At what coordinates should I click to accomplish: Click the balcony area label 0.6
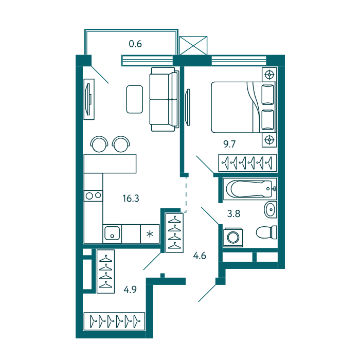pyautogui.click(x=135, y=44)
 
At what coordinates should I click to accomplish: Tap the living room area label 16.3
pyautogui.click(x=131, y=199)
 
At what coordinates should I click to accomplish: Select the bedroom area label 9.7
pyautogui.click(x=229, y=144)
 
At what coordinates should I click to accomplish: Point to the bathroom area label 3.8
pyautogui.click(x=233, y=213)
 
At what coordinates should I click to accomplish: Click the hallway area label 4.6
pyautogui.click(x=200, y=256)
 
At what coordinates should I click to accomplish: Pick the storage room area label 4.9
pyautogui.click(x=130, y=290)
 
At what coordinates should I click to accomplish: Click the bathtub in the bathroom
pyautogui.click(x=250, y=189)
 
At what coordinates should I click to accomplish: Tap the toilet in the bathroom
pyautogui.click(x=266, y=232)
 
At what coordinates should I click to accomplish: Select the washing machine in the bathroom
pyautogui.click(x=233, y=238)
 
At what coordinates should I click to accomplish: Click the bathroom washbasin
pyautogui.click(x=270, y=210)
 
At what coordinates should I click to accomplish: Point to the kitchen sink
pyautogui.click(x=112, y=233)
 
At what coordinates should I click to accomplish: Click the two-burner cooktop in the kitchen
pyautogui.click(x=94, y=196)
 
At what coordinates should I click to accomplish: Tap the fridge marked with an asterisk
pyautogui.click(x=150, y=233)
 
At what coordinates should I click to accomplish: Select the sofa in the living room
pyautogui.click(x=164, y=99)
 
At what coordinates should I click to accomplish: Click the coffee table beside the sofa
pyautogui.click(x=135, y=99)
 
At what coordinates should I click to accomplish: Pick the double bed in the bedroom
pyautogui.click(x=243, y=107)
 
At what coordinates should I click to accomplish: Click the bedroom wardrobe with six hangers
pyautogui.click(x=247, y=163)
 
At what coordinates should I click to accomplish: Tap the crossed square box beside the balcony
pyautogui.click(x=193, y=45)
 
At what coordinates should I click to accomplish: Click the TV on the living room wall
pyautogui.click(x=89, y=99)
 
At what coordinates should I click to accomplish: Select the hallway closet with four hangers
pyautogui.click(x=174, y=233)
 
